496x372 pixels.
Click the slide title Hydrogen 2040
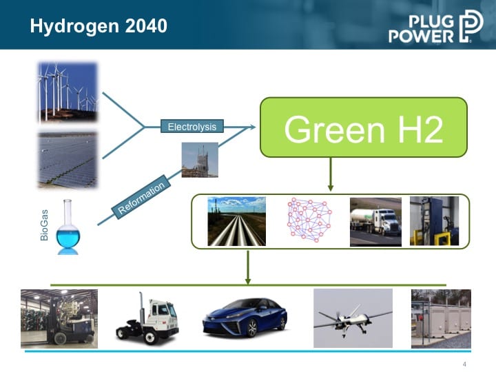(x=99, y=26)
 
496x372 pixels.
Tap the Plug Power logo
(x=436, y=26)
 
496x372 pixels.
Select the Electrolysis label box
(x=192, y=126)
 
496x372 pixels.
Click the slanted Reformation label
(x=141, y=197)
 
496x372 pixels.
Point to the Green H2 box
(x=364, y=127)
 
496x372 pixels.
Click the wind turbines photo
(x=68, y=92)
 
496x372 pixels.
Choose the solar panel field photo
(x=68, y=160)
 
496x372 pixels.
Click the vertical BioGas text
(x=44, y=225)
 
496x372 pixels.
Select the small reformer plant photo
(x=200, y=160)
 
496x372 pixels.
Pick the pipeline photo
(x=236, y=221)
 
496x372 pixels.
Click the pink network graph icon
(x=309, y=220)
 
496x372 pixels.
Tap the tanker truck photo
(x=376, y=222)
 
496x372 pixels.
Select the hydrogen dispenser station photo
(x=434, y=221)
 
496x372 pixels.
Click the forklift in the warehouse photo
(x=59, y=319)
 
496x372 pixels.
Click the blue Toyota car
(x=245, y=318)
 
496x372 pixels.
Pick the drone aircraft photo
(x=353, y=318)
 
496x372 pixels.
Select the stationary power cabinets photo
(x=441, y=319)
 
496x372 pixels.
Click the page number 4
(x=464, y=364)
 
